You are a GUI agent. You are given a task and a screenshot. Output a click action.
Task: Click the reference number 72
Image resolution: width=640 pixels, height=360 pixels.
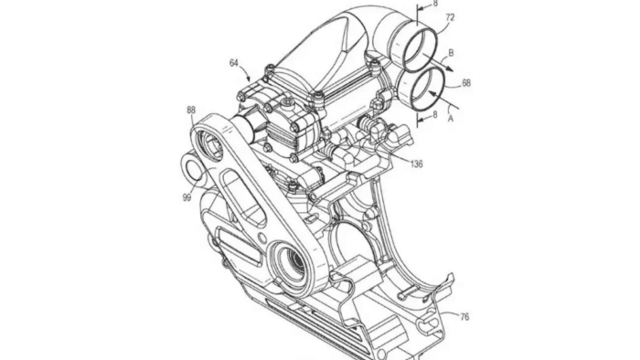(450, 17)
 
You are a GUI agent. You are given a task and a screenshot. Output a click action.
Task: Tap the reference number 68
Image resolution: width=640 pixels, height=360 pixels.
(466, 83)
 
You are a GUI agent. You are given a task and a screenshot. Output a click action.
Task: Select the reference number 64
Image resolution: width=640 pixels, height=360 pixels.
(234, 63)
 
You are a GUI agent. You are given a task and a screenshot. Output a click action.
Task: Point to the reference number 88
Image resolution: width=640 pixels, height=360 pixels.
(191, 110)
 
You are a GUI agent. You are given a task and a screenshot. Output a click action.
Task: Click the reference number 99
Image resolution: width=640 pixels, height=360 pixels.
(187, 197)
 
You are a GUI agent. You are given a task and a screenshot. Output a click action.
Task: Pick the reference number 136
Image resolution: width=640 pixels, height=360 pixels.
(416, 164)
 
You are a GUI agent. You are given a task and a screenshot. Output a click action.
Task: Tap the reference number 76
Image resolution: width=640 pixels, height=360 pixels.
(464, 316)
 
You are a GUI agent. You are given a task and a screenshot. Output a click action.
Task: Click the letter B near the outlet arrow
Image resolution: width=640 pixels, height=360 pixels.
(451, 53)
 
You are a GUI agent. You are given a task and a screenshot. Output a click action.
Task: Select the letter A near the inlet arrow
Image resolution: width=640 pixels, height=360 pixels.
(451, 119)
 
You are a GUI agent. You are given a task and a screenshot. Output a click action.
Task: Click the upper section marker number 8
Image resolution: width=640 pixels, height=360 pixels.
(435, 4)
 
